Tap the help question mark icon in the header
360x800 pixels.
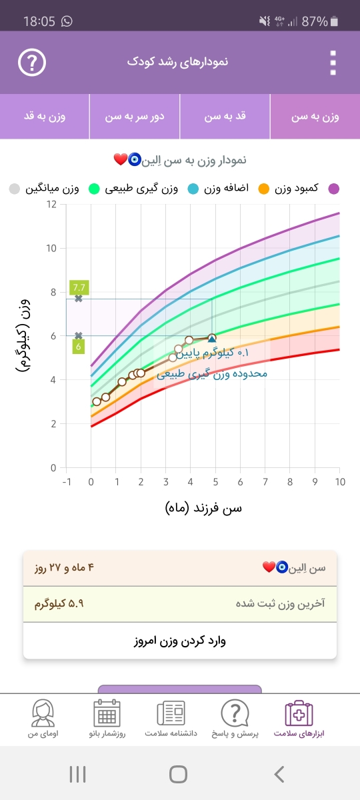(32, 63)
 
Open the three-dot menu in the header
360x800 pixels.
(333, 63)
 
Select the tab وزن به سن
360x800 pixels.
(315, 117)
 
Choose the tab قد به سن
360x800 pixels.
(225, 117)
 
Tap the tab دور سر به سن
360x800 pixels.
(135, 117)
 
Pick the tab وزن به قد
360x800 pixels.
(45, 117)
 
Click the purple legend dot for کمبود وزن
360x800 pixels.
(333, 189)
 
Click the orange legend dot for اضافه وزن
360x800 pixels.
(263, 189)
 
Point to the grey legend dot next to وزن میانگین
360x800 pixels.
(14, 189)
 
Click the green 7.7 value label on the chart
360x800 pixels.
(79, 287)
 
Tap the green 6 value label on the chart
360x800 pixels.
(78, 347)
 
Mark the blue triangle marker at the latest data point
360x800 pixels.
(212, 338)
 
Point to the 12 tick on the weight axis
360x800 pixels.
(51, 204)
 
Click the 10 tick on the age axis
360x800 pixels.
(340, 482)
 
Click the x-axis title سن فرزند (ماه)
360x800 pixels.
(203, 508)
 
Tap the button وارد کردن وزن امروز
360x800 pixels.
(180, 641)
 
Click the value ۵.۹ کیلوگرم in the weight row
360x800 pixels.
(59, 603)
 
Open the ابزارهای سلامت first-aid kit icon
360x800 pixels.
(299, 713)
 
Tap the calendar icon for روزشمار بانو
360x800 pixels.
(107, 713)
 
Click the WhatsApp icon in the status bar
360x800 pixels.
(67, 21)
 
